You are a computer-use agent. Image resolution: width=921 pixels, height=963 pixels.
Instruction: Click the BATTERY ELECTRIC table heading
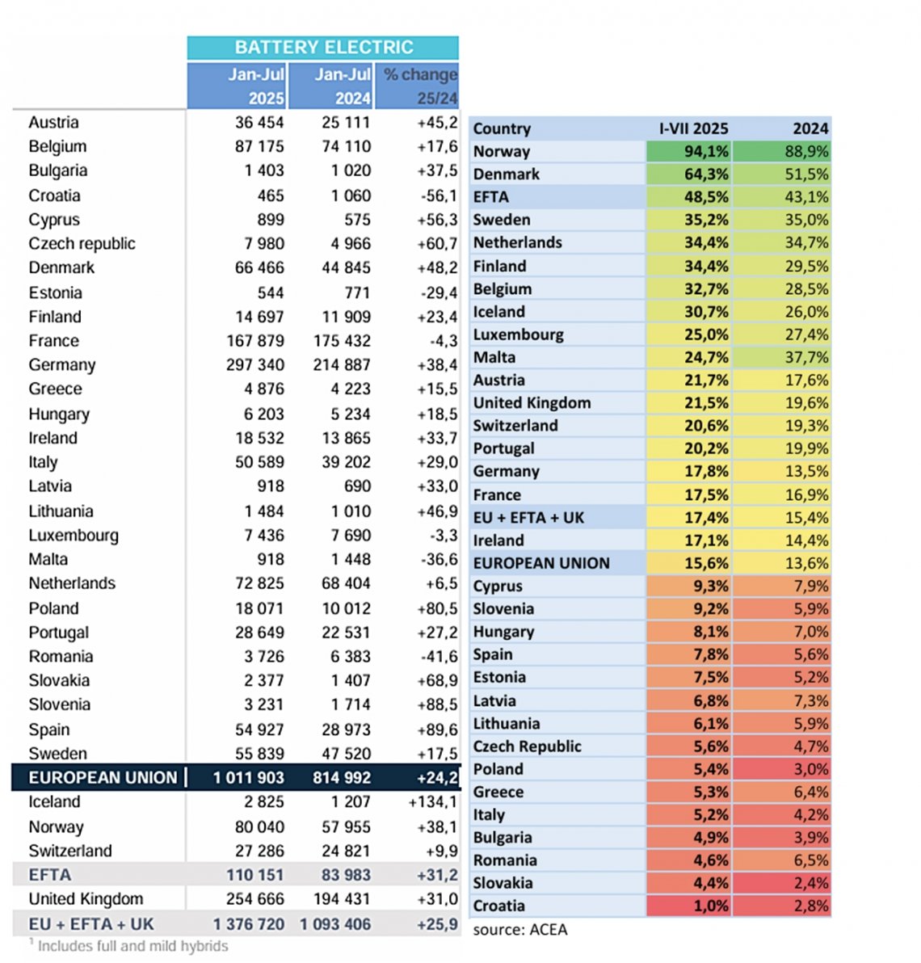pyautogui.click(x=323, y=47)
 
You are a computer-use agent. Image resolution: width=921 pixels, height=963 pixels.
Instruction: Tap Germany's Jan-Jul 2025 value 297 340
pyautogui.click(x=255, y=365)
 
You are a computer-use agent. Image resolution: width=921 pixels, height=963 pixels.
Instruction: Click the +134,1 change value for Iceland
pyautogui.click(x=432, y=802)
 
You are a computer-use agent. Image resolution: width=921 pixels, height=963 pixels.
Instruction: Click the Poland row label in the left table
pyautogui.click(x=53, y=608)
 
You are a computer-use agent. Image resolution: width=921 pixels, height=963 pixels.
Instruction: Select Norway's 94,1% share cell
pyautogui.click(x=689, y=151)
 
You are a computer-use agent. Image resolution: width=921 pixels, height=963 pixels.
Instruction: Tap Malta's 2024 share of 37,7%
pyautogui.click(x=782, y=357)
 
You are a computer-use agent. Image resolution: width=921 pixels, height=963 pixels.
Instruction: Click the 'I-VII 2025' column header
pyautogui.click(x=693, y=128)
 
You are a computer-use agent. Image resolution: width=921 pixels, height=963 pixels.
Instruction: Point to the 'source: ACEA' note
pyautogui.click(x=520, y=930)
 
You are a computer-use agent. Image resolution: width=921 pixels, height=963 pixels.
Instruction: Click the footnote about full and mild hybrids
pyautogui.click(x=129, y=946)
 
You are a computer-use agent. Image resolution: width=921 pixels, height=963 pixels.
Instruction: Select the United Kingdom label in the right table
pyautogui.click(x=532, y=403)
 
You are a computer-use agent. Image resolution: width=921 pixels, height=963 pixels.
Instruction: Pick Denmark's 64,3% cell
pyautogui.click(x=689, y=174)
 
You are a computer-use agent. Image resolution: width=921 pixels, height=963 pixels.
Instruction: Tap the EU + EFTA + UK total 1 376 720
pyautogui.click(x=249, y=924)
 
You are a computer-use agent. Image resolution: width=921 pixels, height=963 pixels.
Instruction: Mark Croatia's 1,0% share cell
pyautogui.click(x=689, y=906)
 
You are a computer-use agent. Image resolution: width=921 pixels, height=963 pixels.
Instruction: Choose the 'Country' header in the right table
pyautogui.click(x=502, y=128)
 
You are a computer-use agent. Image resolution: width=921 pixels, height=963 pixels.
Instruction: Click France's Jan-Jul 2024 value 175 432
pyautogui.click(x=342, y=341)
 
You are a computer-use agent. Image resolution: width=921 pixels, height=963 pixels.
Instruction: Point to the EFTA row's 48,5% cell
pyautogui.click(x=689, y=197)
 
